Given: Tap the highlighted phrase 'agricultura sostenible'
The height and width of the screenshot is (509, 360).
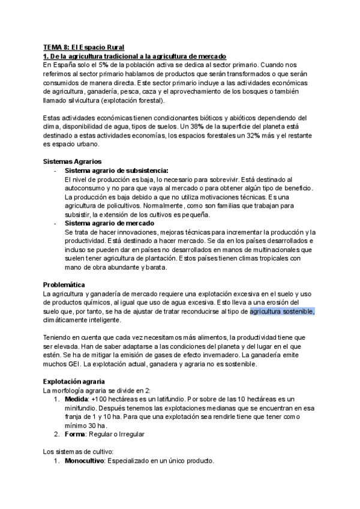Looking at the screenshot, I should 282,312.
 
